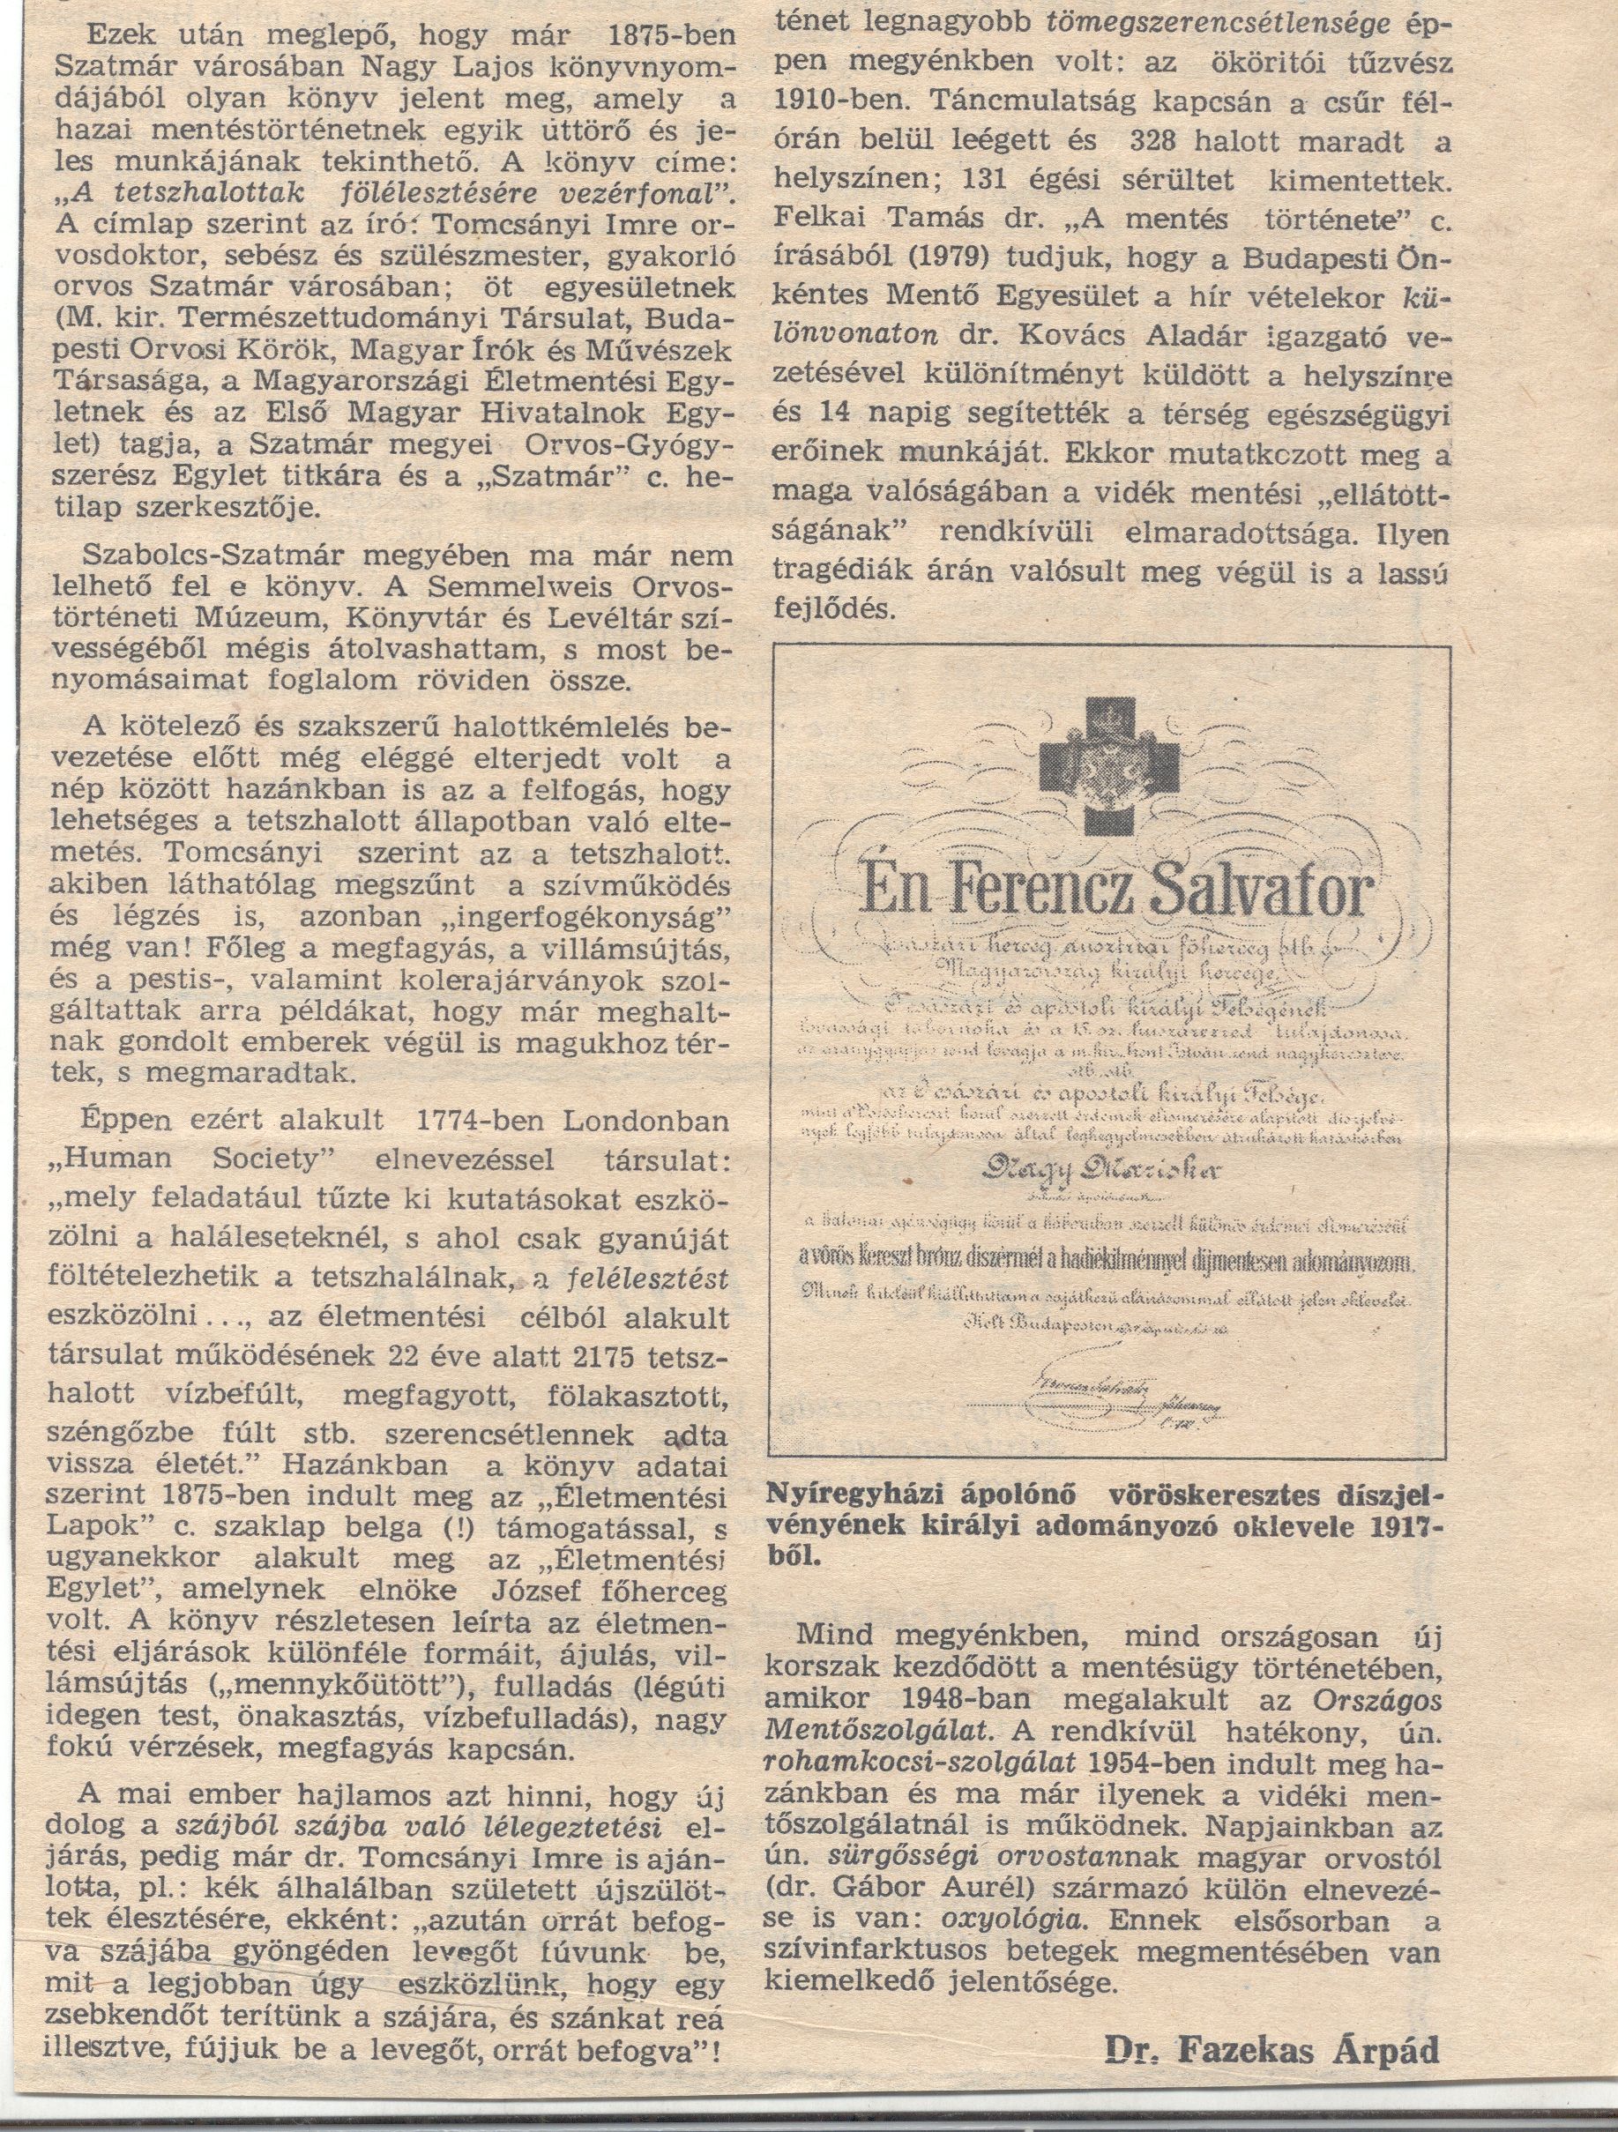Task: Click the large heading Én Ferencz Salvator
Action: coord(1108,892)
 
